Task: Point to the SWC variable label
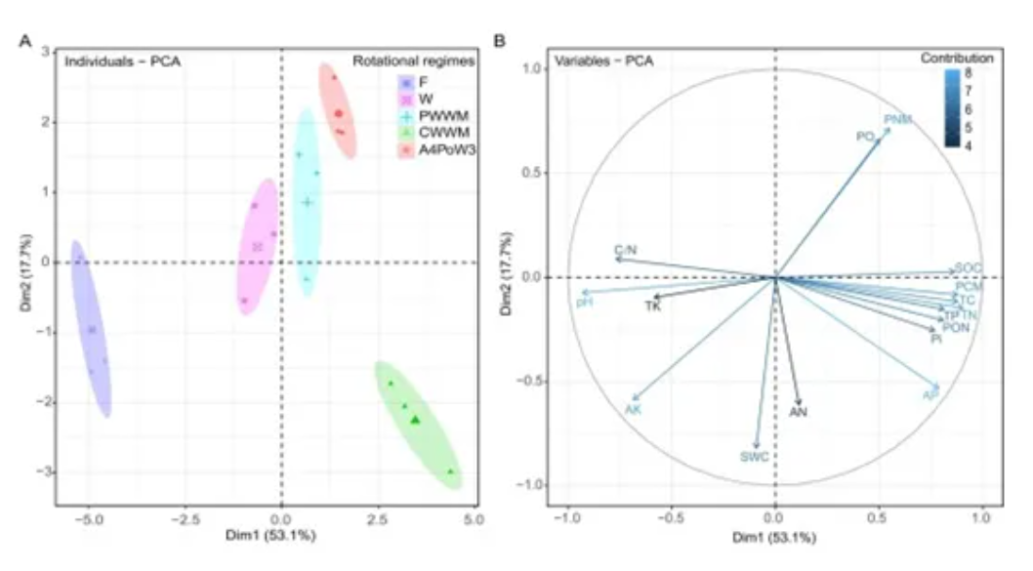755,456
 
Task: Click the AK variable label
633,409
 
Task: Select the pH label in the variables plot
584,303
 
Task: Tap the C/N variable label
626,251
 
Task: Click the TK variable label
654,306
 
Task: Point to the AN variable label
799,412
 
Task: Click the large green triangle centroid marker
416,420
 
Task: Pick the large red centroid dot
338,114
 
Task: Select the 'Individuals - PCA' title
123,61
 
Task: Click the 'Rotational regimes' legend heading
414,61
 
